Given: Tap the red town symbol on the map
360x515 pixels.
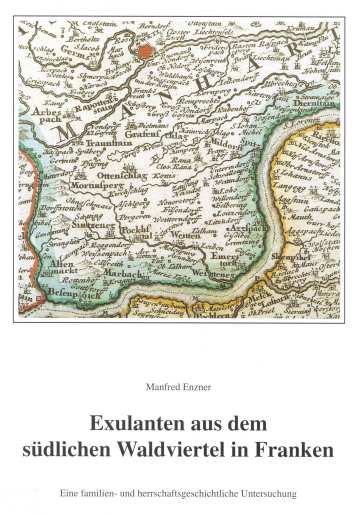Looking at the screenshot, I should point(149,48).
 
